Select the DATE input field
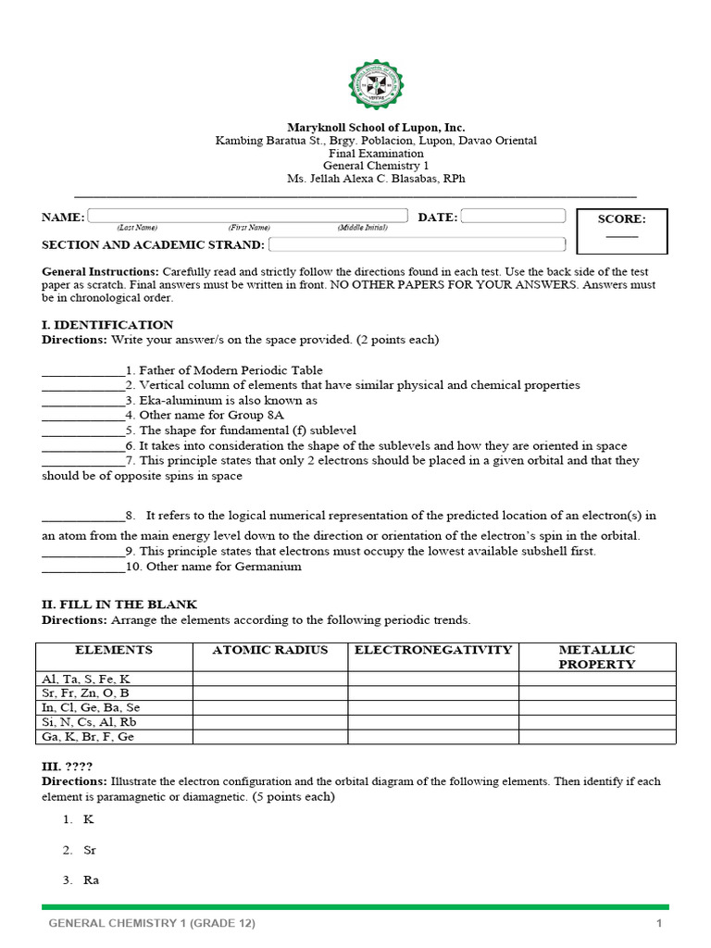pos(513,216)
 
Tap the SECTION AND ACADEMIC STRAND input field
pos(417,244)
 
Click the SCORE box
pos(621,231)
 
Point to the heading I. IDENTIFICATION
pos(107,325)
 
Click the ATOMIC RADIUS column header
pos(269,651)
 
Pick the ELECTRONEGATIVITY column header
pos(432,651)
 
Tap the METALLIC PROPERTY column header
pos(597,657)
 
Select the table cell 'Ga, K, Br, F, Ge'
pos(88,737)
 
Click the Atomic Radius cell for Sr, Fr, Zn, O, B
pos(269,693)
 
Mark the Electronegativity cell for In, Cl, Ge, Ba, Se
pos(432,707)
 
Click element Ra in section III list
pos(91,880)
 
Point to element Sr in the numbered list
pos(90,850)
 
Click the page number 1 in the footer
pos(658,924)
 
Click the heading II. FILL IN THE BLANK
pos(119,605)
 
